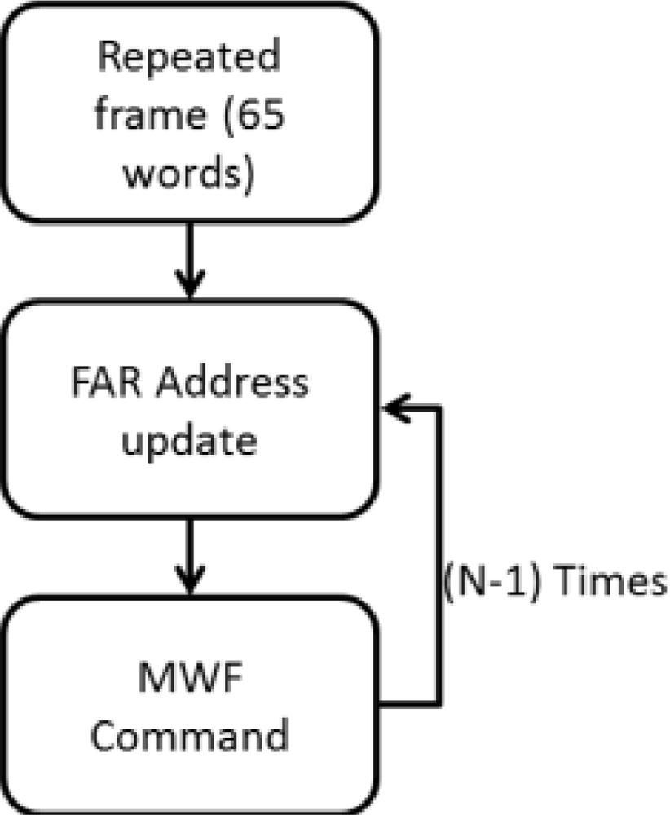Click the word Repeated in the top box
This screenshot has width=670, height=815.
click(x=189, y=59)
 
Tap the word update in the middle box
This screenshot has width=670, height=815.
click(x=189, y=441)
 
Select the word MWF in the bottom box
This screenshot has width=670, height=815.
click(x=189, y=678)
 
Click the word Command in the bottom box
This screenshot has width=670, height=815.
click(x=189, y=735)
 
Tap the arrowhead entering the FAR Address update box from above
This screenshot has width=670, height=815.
click(x=189, y=288)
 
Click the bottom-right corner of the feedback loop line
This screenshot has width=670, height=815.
click(x=439, y=702)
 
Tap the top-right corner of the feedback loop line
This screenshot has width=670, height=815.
click(x=439, y=405)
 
